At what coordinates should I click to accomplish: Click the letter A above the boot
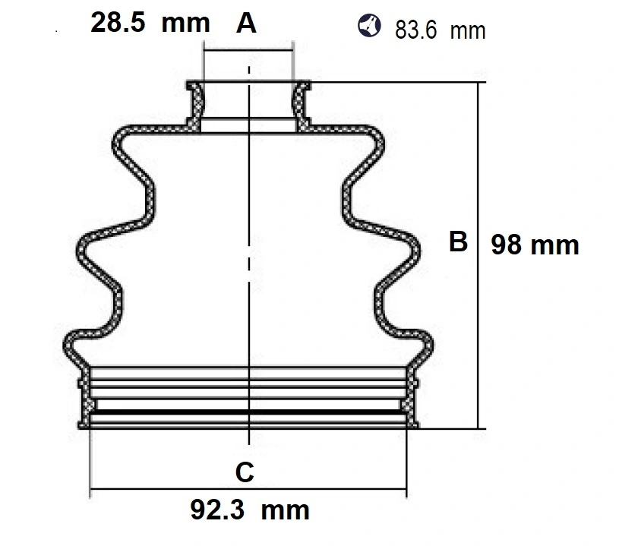coord(246,24)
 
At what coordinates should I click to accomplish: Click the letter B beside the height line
coord(458,241)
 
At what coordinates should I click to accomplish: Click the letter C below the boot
coord(245,472)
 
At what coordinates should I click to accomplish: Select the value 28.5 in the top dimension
coord(118,22)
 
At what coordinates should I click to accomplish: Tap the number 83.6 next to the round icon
coord(415,30)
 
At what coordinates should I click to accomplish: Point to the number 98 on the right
coord(506,245)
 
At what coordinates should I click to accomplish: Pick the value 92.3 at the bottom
coord(217,510)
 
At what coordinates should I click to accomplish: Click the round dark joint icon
coord(370,26)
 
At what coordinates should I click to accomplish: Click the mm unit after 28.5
coord(185,24)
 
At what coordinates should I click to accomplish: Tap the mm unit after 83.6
coord(467,32)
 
